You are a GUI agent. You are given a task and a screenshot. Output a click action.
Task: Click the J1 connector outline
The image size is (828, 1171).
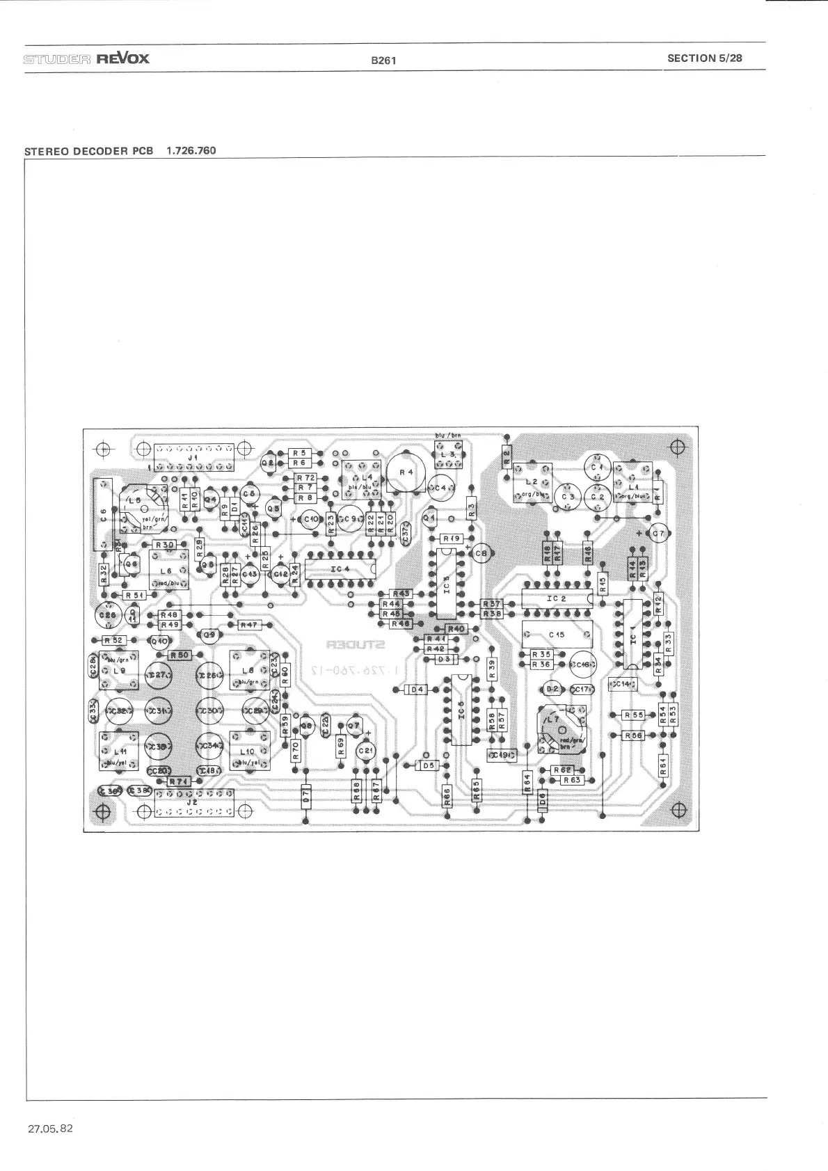(193, 459)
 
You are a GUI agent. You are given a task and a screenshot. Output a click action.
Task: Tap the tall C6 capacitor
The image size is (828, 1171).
(103, 513)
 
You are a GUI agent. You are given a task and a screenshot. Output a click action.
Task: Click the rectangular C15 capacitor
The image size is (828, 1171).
(557, 635)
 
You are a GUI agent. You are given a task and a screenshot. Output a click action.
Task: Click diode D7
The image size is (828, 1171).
(305, 799)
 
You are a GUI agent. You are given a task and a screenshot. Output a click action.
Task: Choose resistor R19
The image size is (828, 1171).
(452, 539)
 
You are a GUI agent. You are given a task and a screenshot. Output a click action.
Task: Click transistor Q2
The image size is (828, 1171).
(267, 463)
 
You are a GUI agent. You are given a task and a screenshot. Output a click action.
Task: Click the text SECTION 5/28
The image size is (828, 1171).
(704, 58)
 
